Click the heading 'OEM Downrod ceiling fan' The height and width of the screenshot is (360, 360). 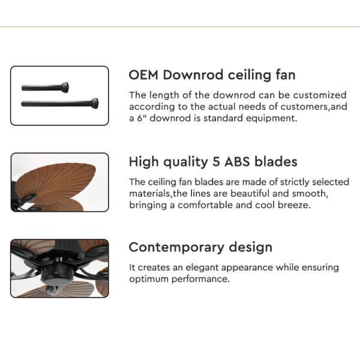click(x=212, y=75)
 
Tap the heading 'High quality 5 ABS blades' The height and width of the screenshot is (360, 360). click(x=213, y=162)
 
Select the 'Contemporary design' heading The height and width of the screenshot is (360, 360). click(x=200, y=247)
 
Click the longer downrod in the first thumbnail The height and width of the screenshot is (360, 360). click(x=60, y=103)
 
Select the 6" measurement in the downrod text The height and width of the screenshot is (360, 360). click(x=141, y=118)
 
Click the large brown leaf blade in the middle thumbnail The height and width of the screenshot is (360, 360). click(x=57, y=180)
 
